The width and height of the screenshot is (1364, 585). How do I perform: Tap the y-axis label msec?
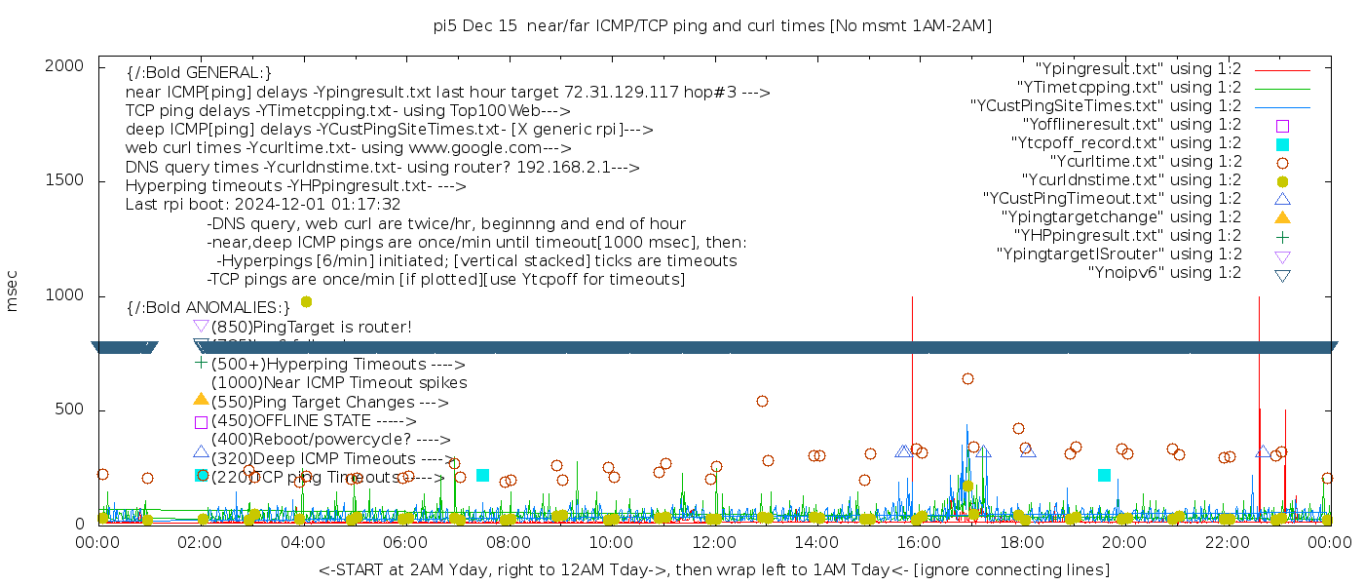click(13, 292)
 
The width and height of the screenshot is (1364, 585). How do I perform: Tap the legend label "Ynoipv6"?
click(1164, 273)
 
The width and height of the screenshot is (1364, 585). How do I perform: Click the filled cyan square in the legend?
click(1282, 144)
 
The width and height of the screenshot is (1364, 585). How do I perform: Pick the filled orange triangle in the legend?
click(1282, 217)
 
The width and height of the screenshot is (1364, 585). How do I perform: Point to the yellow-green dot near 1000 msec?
click(307, 302)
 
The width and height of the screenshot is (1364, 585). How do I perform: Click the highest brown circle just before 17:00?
click(967, 378)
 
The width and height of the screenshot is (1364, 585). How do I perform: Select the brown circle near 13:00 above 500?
click(762, 401)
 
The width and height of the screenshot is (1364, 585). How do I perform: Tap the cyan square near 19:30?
click(1104, 475)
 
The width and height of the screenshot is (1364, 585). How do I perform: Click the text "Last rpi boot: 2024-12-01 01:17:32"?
click(263, 205)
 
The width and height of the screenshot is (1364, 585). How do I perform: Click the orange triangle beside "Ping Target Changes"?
click(201, 399)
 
